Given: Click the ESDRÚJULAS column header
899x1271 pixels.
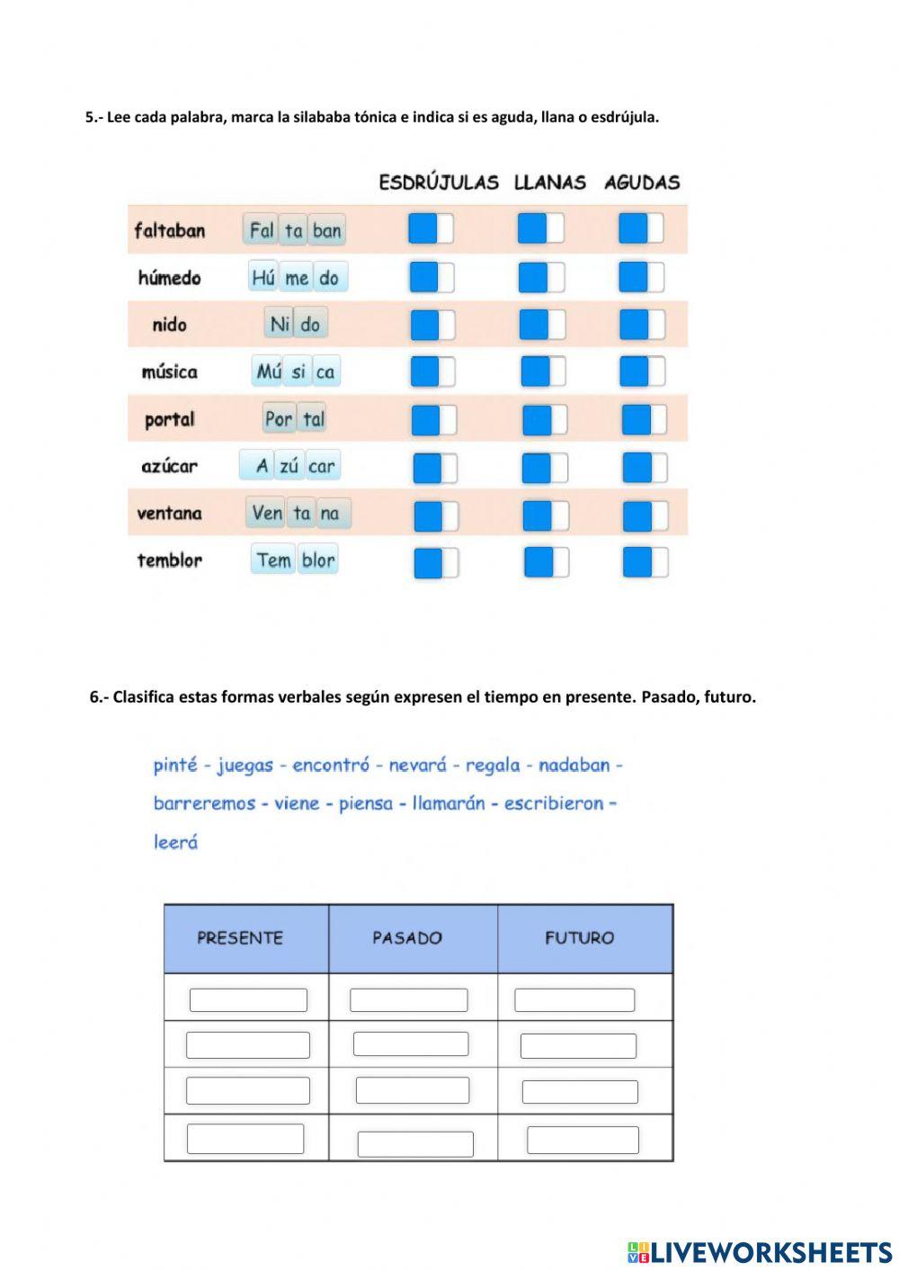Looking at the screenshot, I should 439,183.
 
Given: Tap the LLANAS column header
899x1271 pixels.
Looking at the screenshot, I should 549,183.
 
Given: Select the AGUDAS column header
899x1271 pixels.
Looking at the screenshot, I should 642,183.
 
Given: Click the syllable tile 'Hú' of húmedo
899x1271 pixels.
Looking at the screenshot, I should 263,278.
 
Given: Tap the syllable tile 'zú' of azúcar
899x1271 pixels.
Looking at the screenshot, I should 289,466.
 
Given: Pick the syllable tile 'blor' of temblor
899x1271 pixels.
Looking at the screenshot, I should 318,560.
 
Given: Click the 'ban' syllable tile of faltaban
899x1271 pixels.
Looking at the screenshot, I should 326,230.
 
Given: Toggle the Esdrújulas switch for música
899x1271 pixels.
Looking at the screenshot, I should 433,371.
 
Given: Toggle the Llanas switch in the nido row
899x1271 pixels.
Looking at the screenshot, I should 542,325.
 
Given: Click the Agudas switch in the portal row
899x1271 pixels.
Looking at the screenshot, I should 644,419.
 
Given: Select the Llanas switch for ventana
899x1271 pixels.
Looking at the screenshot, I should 545,515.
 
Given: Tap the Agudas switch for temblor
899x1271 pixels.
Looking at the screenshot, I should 645,562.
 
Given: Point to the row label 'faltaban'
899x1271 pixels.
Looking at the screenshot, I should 170,231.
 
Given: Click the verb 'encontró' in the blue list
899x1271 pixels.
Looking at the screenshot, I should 331,765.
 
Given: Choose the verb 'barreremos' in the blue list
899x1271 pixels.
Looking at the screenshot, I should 205,803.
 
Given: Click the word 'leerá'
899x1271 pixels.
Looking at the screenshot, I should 175,843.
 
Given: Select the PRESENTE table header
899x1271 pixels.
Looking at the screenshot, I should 240,938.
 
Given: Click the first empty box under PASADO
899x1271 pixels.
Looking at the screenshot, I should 408,999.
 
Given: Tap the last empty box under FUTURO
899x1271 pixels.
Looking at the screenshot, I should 583,1140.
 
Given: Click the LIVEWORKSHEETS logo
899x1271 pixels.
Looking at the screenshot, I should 760,1252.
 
